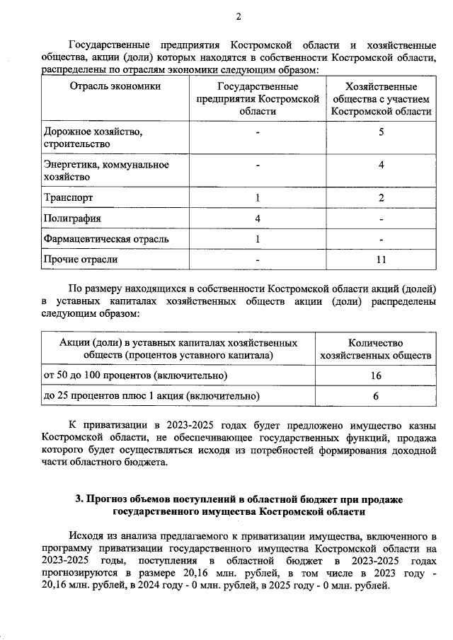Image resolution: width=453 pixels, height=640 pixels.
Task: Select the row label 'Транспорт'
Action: point(69,197)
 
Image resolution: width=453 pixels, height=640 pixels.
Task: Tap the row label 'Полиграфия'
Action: point(72,218)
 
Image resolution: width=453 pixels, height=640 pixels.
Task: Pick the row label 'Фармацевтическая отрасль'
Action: point(106,239)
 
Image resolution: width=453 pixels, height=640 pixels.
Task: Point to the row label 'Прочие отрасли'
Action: point(80,260)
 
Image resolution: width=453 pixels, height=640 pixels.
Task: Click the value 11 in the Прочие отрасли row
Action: point(381,260)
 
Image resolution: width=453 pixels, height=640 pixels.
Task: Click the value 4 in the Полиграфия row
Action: point(258,218)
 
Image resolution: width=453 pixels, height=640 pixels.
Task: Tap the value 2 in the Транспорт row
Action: point(381,197)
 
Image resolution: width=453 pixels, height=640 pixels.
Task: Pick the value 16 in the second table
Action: point(376,375)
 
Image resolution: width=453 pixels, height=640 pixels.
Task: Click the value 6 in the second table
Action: point(376,396)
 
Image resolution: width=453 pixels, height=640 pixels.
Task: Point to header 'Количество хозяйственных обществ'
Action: point(376,348)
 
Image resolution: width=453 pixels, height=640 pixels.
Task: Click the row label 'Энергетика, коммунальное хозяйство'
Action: point(106,170)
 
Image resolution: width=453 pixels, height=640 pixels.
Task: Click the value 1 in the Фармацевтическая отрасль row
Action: point(258,239)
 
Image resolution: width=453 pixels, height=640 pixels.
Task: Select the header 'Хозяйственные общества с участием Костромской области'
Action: point(381,99)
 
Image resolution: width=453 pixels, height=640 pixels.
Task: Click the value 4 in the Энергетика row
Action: point(381,165)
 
